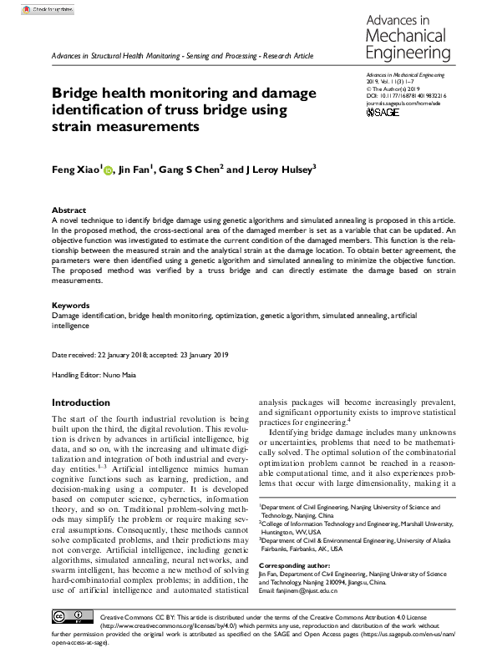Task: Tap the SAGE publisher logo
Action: pos(383,111)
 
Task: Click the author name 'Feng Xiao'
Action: pos(76,170)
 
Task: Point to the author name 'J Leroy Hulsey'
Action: pos(279,170)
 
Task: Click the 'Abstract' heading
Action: pos(68,210)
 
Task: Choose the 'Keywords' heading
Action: pos(71,306)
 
